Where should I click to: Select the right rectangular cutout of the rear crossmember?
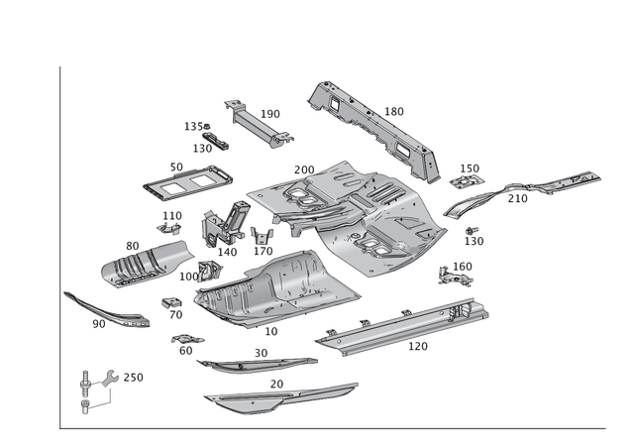[x=403, y=147]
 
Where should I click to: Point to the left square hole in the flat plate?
[x=168, y=184]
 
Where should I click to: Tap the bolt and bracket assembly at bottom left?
[x=91, y=388]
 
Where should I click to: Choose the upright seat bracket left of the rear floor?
[x=220, y=226]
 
